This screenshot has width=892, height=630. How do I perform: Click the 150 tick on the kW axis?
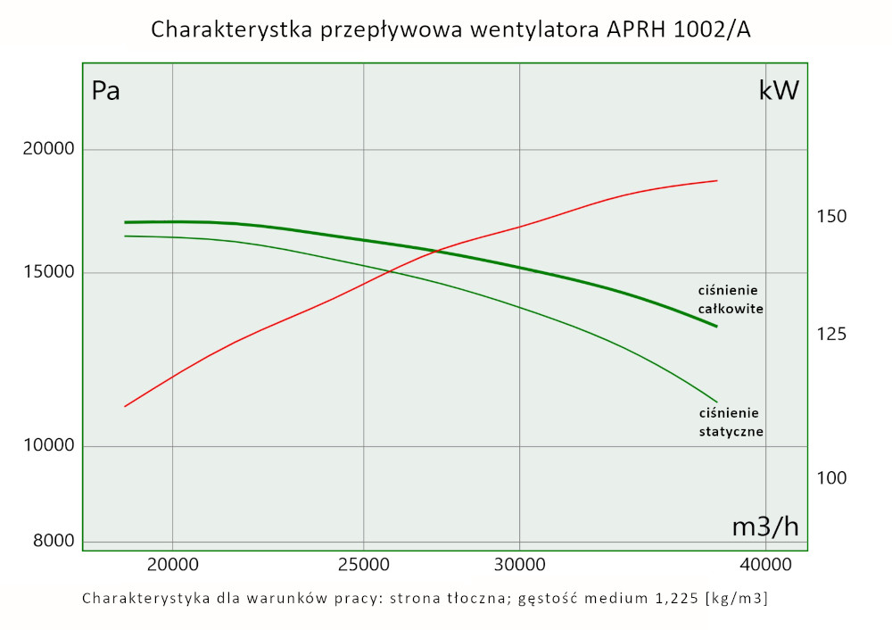[831, 217]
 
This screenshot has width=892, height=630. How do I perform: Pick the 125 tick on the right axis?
[831, 334]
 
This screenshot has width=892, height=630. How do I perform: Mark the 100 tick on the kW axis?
[831, 478]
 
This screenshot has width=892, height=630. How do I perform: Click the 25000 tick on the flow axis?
[364, 564]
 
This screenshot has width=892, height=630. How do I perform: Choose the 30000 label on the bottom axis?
[519, 564]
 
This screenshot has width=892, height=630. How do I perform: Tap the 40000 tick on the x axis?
[765, 564]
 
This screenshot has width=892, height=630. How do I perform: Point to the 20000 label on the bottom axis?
[172, 564]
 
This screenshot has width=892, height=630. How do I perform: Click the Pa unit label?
[106, 91]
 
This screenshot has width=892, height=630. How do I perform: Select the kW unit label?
[779, 91]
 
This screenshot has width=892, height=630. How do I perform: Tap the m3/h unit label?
[764, 526]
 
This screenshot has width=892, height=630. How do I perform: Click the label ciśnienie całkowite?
[731, 299]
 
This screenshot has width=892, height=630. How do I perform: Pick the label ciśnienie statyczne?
[731, 422]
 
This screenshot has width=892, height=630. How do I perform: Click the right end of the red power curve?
[716, 180]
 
